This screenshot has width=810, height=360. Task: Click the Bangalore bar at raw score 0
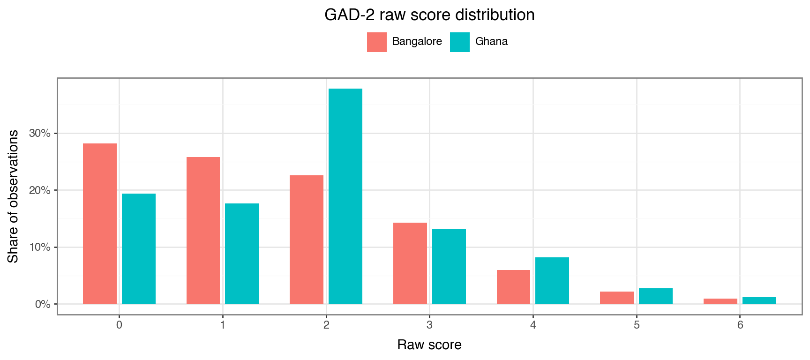[100, 224]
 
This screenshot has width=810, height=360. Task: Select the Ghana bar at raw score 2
[345, 196]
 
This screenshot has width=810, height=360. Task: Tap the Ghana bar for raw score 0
[139, 248]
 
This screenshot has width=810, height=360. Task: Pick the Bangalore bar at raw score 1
[203, 230]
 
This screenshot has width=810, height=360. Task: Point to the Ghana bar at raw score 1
[242, 254]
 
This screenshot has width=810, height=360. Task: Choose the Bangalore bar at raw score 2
[307, 240]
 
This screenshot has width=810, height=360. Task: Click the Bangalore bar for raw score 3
[410, 263]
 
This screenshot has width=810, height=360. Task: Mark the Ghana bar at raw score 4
[552, 280]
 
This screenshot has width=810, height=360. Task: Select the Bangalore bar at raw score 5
[617, 298]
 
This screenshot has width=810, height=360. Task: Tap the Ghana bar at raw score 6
[759, 300]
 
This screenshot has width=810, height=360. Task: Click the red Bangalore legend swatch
[377, 42]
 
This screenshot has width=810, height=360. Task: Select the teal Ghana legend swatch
[460, 42]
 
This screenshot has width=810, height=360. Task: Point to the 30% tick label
[40, 133]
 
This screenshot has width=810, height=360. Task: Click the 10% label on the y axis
[40, 247]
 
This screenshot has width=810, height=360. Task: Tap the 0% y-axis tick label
[43, 304]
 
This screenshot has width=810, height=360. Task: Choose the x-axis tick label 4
[533, 325]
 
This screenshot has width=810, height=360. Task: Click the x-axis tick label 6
[740, 325]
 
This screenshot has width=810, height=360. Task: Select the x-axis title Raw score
[429, 345]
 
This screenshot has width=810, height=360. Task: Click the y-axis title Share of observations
[13, 196]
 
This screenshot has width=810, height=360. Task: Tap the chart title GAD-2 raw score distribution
[429, 15]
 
